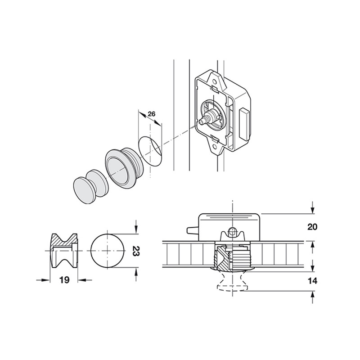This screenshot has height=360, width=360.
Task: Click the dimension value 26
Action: coord(151,114)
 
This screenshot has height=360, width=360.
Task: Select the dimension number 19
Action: coord(64,280)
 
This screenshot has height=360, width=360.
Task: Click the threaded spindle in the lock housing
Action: coord(207,119)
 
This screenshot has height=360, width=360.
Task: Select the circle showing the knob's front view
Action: coord(108,250)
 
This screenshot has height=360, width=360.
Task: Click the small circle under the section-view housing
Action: coord(232,232)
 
